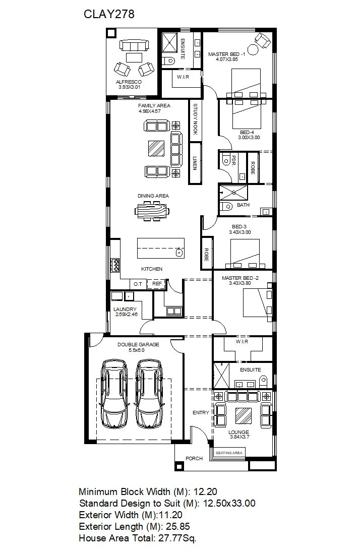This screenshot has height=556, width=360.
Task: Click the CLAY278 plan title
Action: tap(109, 14)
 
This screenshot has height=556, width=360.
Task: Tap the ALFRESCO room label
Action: tap(129, 82)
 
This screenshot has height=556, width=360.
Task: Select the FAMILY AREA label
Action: tap(154, 106)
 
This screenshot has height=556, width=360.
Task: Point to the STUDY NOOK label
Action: tap(195, 119)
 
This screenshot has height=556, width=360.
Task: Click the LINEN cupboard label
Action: tap(194, 163)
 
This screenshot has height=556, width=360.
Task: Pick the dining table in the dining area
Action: tap(152, 211)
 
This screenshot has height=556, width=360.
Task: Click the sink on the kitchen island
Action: tap(179, 253)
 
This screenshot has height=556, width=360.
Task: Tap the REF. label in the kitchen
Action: tap(157, 284)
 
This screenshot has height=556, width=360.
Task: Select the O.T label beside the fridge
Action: tap(138, 284)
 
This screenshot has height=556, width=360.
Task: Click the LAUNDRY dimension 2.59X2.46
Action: tap(127, 314)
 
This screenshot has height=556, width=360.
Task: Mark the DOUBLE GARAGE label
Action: tap(138, 344)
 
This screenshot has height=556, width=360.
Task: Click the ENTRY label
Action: tap(201, 412)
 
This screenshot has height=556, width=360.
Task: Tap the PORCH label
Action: tap(194, 459)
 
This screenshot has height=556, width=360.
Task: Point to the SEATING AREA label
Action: tap(229, 453)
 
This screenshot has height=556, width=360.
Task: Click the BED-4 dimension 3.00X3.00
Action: tap(249, 138)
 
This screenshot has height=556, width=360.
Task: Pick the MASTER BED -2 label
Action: tap(240, 278)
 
